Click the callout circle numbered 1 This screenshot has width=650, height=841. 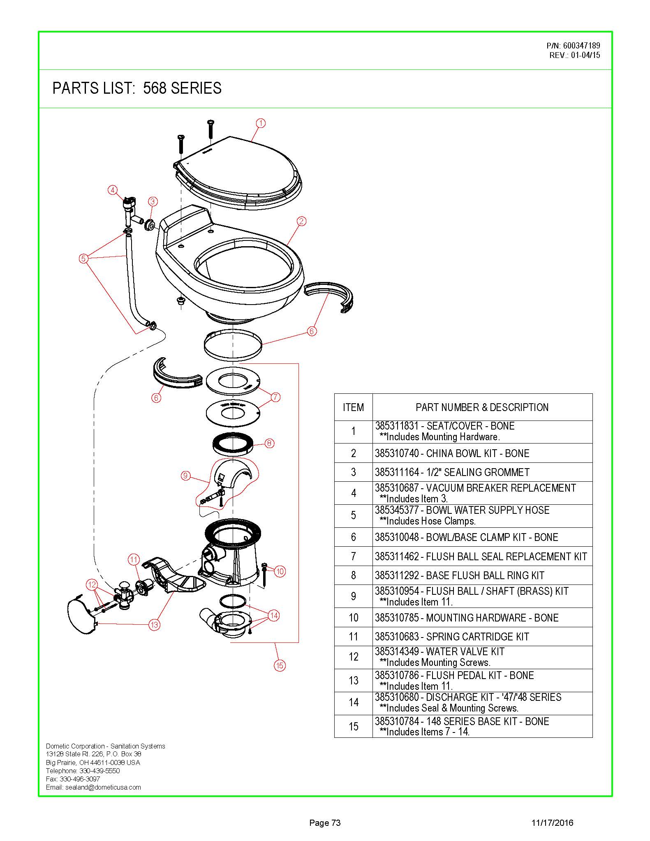tap(261, 123)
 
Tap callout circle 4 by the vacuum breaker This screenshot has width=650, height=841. tap(112, 190)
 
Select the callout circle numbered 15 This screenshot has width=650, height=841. tap(280, 665)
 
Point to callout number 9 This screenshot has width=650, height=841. tap(185, 476)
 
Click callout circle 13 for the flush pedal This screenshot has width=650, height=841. tap(154, 625)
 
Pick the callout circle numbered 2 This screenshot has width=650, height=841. tap(301, 221)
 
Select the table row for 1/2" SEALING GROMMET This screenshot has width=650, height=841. tap(463, 472)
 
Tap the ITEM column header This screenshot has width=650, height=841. tap(353, 407)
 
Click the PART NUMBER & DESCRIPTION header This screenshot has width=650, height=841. tap(482, 407)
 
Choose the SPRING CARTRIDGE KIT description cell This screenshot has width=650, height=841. tap(482, 636)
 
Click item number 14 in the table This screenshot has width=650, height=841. tap(354, 702)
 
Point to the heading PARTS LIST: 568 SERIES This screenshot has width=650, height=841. tap(137, 88)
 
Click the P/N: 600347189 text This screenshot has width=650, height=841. tap(573, 46)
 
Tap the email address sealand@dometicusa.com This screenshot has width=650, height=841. tap(103, 787)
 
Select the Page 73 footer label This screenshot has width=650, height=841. tap(325, 823)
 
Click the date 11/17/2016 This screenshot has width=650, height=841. tap(552, 823)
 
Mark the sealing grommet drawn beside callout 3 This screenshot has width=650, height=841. tap(149, 225)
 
